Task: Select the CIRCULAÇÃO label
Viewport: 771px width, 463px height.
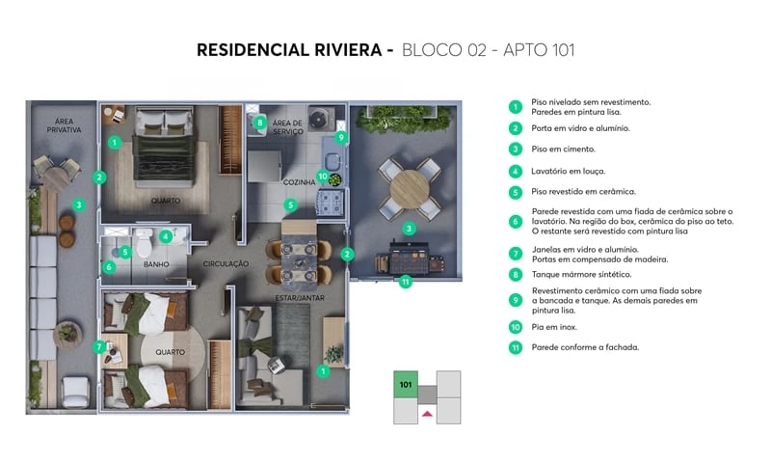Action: pos(226,263)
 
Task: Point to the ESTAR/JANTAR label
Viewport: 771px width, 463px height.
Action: pos(301,298)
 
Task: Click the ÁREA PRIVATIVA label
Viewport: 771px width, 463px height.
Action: pos(62,124)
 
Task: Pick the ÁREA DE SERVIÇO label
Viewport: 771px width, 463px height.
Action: pos(287,127)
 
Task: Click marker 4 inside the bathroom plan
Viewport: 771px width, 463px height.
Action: pos(166,235)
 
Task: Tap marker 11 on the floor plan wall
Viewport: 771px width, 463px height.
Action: pos(406,282)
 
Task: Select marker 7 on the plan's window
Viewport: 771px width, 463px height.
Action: pos(98,346)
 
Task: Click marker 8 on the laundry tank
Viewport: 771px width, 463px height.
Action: pos(259,123)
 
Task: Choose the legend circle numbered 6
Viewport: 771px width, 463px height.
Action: pos(517,221)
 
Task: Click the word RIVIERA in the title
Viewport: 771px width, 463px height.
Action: pos(340,49)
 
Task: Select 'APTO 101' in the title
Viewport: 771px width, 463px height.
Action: pos(541,49)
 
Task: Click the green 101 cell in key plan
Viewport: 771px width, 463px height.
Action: pos(405,383)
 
